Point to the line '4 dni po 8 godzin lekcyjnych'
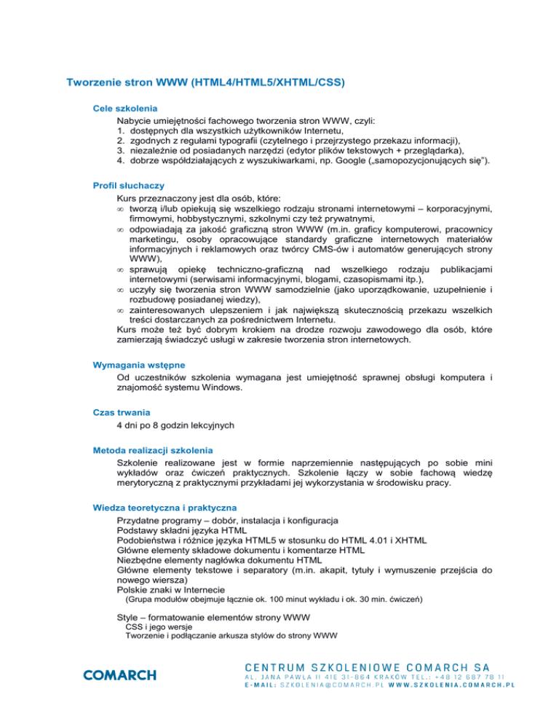pos(186,424)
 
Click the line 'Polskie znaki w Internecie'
pos(170,589)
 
